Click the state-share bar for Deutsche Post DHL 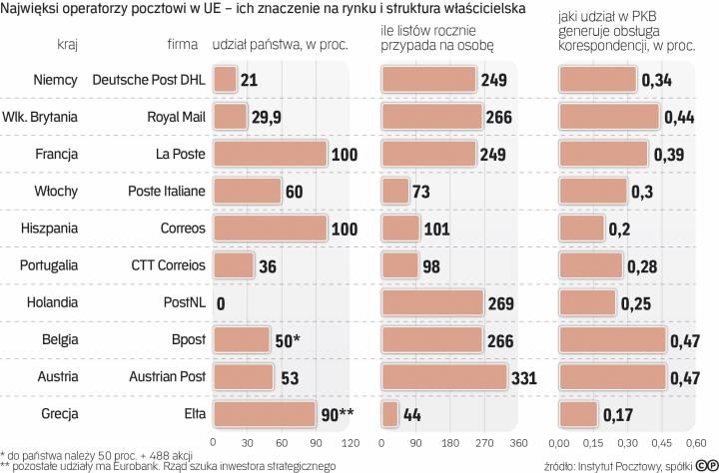pyautogui.click(x=225, y=80)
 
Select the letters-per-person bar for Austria pyautogui.click(x=445, y=376)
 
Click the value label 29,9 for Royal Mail pyautogui.click(x=268, y=117)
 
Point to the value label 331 pyautogui.click(x=524, y=377)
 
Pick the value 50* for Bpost pyautogui.click(x=288, y=340)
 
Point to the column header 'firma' pyautogui.click(x=183, y=44)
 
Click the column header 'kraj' pyautogui.click(x=68, y=44)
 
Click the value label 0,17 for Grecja pyautogui.click(x=618, y=413)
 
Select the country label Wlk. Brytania pyautogui.click(x=43, y=117)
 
